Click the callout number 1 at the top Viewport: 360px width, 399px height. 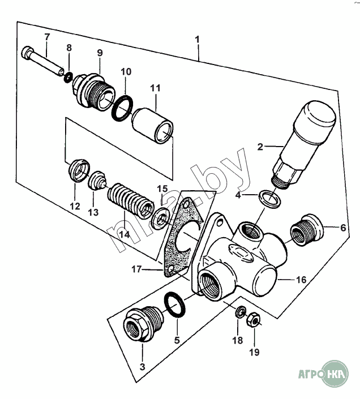click(197, 40)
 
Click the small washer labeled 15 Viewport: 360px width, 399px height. click(161, 216)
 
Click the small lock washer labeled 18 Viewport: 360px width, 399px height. click(240, 311)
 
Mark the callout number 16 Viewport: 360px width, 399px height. click(301, 279)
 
